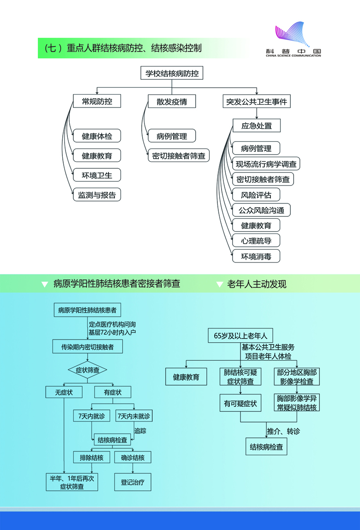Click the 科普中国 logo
tap(293, 39)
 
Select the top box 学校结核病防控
tap(172, 73)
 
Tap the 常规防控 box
tap(97, 101)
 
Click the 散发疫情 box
tap(172, 101)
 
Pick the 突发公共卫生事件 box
tap(256, 101)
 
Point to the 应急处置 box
tap(256, 125)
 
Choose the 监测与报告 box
tap(97, 195)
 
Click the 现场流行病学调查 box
tap(266, 164)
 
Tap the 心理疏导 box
tap(256, 240)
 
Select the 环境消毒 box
tap(256, 256)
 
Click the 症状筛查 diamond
tap(88, 369)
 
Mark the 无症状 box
tap(64, 392)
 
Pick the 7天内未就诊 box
tap(134, 416)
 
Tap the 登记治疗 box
tap(133, 482)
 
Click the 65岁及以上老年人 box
tap(240, 335)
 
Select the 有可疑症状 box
tap(240, 403)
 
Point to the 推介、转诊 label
tap(283, 431)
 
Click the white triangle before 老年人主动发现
tap(219, 285)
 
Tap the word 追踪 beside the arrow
tap(140, 430)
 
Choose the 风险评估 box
tap(256, 195)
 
